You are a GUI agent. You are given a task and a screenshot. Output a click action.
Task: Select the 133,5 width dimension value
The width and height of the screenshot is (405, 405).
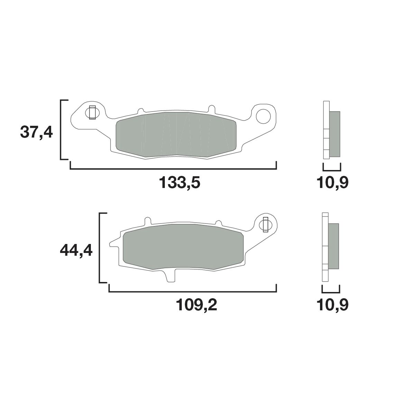(x=180, y=183)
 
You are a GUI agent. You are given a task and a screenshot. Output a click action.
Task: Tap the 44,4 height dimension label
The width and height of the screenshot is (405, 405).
(x=76, y=250)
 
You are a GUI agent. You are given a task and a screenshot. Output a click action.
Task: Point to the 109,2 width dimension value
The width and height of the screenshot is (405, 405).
(x=196, y=305)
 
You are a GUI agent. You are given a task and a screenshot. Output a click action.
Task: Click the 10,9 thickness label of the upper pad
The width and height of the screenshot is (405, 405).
(x=332, y=183)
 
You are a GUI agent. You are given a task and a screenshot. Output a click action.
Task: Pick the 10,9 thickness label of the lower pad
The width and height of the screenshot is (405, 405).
(x=332, y=305)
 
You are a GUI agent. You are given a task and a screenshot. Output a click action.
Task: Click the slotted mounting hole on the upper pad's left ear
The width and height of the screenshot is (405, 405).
(x=92, y=112)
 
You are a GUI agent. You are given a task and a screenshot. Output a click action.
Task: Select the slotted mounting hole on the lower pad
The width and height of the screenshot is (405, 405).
(x=265, y=225)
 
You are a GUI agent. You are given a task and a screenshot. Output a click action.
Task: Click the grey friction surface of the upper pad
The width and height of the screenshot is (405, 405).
(x=176, y=135)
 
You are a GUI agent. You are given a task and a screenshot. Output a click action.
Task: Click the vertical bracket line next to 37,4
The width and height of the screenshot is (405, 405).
(x=61, y=130)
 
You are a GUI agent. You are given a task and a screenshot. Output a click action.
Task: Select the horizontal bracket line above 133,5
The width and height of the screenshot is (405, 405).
(x=173, y=169)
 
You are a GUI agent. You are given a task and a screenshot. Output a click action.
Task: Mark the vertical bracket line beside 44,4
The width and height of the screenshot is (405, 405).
(x=100, y=248)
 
